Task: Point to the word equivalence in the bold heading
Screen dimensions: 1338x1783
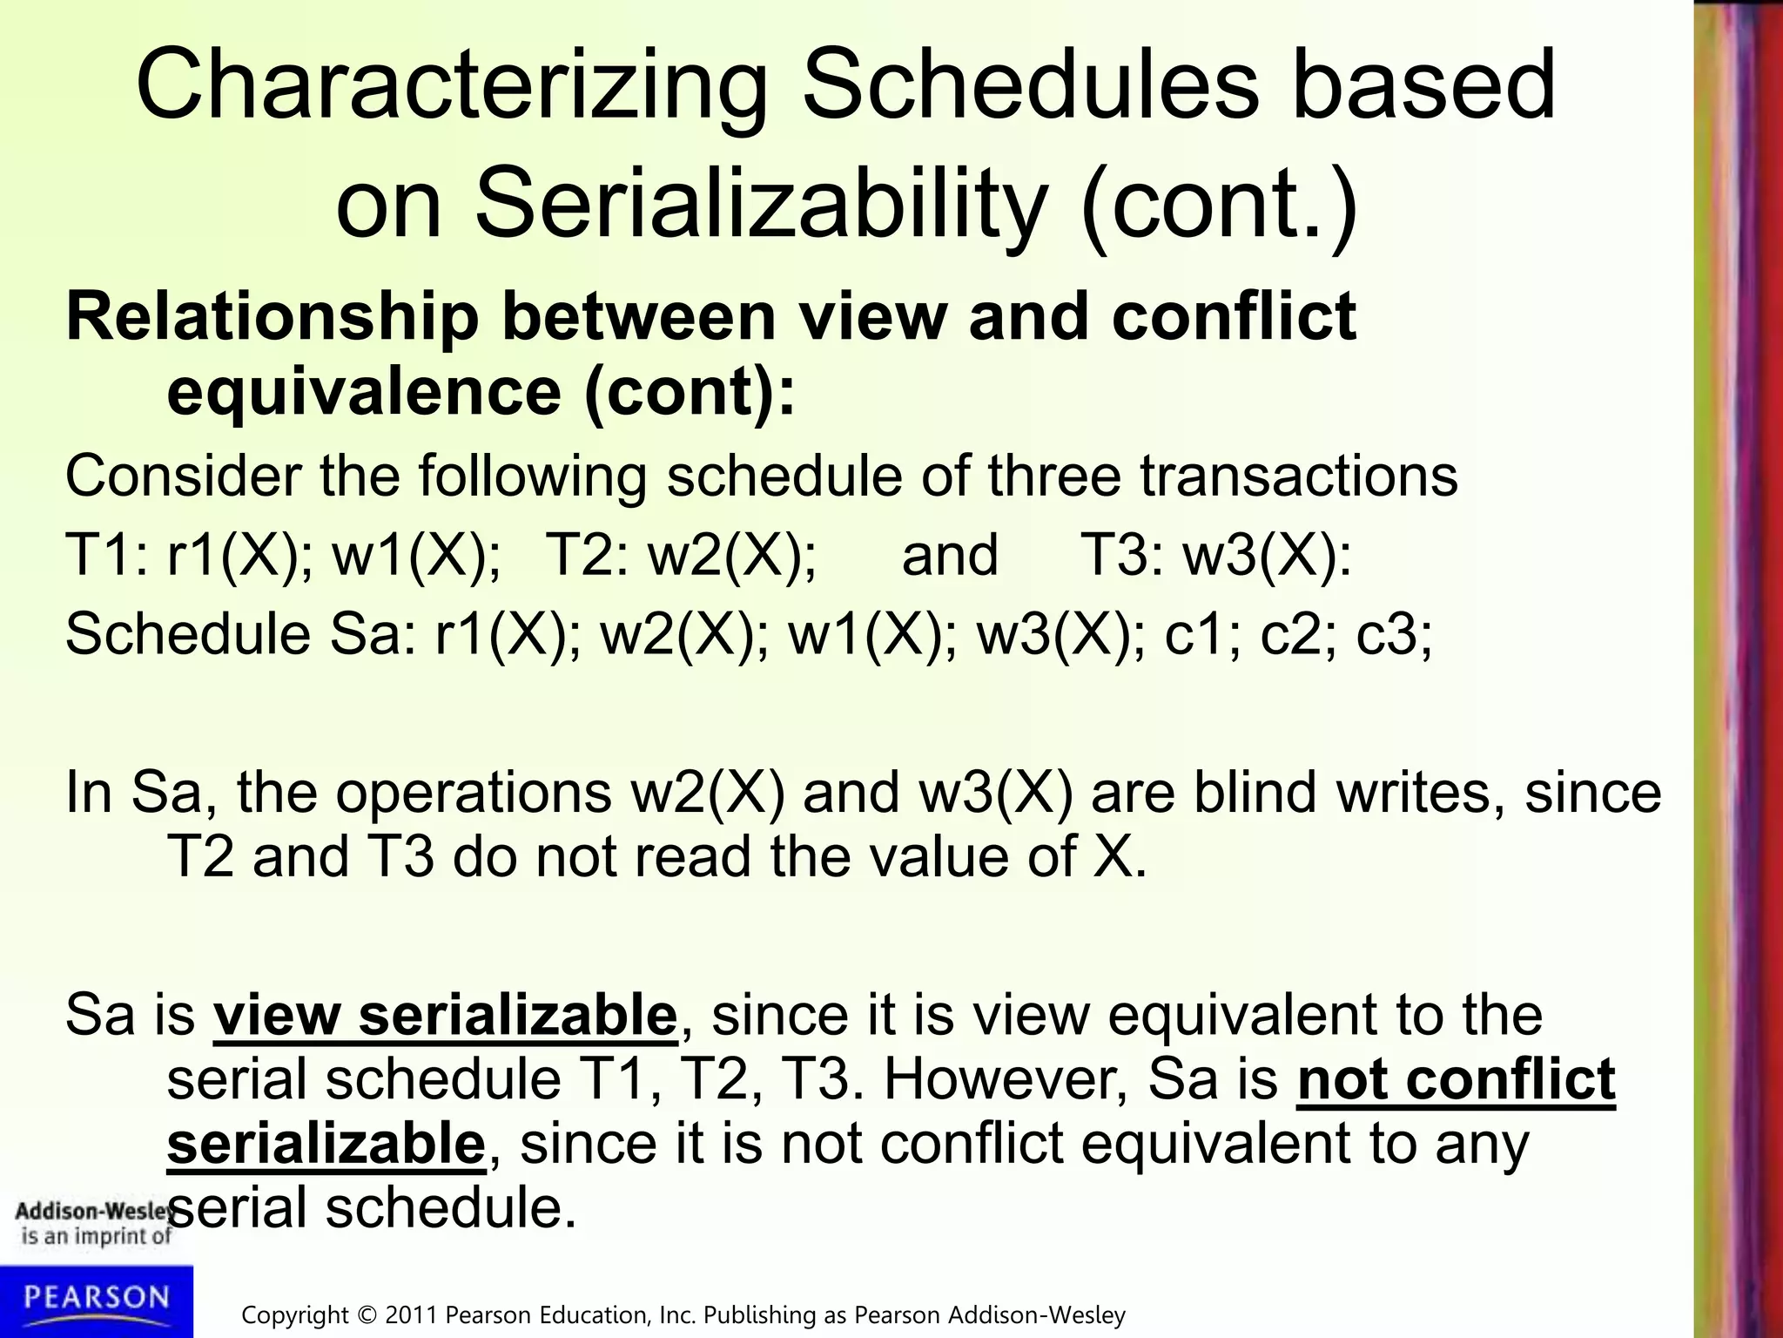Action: click(x=364, y=392)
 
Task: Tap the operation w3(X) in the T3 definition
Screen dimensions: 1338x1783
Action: click(x=1266, y=555)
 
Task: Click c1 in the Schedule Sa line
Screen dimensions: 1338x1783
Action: click(x=1201, y=633)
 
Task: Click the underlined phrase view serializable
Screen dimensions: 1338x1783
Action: click(x=445, y=1016)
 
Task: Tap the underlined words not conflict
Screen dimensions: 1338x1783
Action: click(x=1456, y=1080)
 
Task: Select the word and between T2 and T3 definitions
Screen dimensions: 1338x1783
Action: click(x=949, y=555)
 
